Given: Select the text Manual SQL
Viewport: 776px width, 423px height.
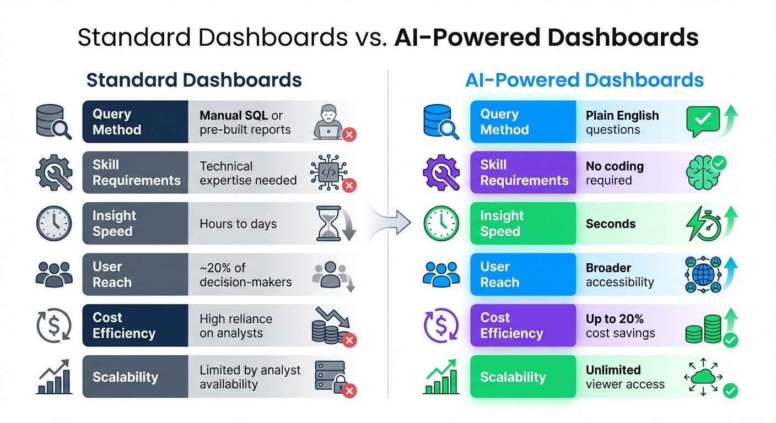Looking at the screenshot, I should (234, 116).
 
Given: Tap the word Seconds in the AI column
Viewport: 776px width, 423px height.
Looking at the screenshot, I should (610, 224).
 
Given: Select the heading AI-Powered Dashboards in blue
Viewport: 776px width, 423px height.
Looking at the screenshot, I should (584, 80).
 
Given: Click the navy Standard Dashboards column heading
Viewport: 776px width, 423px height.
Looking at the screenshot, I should (194, 80).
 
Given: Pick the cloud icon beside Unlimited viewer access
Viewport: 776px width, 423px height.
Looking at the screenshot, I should (703, 376).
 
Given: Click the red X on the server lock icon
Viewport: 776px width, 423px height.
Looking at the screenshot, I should (349, 391).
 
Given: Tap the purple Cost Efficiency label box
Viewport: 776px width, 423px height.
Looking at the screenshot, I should (522, 326).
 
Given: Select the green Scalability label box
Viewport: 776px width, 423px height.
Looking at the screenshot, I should (522, 377).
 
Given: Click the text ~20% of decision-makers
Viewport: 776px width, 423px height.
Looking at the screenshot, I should (245, 275).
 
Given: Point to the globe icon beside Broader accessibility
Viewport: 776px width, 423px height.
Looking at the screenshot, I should (703, 274).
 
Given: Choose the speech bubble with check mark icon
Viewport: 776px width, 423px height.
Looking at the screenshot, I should (703, 120).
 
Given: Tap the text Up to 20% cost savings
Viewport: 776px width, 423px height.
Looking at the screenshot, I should (620, 326).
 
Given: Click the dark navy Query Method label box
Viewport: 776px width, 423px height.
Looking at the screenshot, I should (135, 122).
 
